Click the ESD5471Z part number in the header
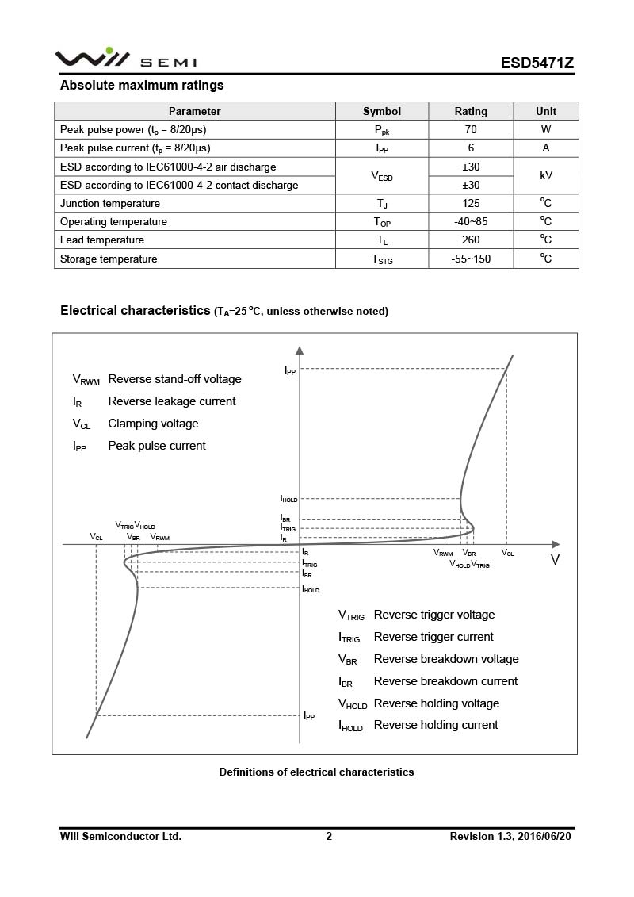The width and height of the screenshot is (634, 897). pyautogui.click(x=537, y=63)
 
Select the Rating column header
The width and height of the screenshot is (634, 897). pyautogui.click(x=471, y=111)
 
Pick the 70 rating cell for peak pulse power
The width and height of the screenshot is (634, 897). pyautogui.click(x=471, y=129)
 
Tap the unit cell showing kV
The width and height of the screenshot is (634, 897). pyautogui.click(x=546, y=175)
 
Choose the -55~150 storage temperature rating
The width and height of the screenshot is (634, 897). pyautogui.click(x=471, y=259)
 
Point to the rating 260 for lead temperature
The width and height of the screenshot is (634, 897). pyautogui.click(x=471, y=240)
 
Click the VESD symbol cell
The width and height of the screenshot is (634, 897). pyautogui.click(x=382, y=176)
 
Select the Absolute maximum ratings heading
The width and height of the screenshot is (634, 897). pyautogui.click(x=142, y=86)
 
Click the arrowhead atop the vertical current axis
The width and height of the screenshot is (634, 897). pyautogui.click(x=300, y=350)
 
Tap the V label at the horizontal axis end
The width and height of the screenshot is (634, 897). pyautogui.click(x=555, y=559)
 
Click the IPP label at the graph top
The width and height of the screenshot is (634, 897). pyautogui.click(x=290, y=370)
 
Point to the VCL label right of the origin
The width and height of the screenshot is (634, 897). pyautogui.click(x=507, y=553)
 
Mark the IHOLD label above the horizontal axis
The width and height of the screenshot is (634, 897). pyautogui.click(x=288, y=499)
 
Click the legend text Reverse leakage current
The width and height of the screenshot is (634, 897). pyautogui.click(x=171, y=401)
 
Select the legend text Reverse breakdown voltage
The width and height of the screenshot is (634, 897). pyautogui.click(x=446, y=659)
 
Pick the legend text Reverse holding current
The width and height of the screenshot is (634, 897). pyautogui.click(x=436, y=725)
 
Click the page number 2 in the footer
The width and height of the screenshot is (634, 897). pyautogui.click(x=329, y=836)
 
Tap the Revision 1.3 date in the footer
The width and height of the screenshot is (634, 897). pyautogui.click(x=510, y=836)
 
